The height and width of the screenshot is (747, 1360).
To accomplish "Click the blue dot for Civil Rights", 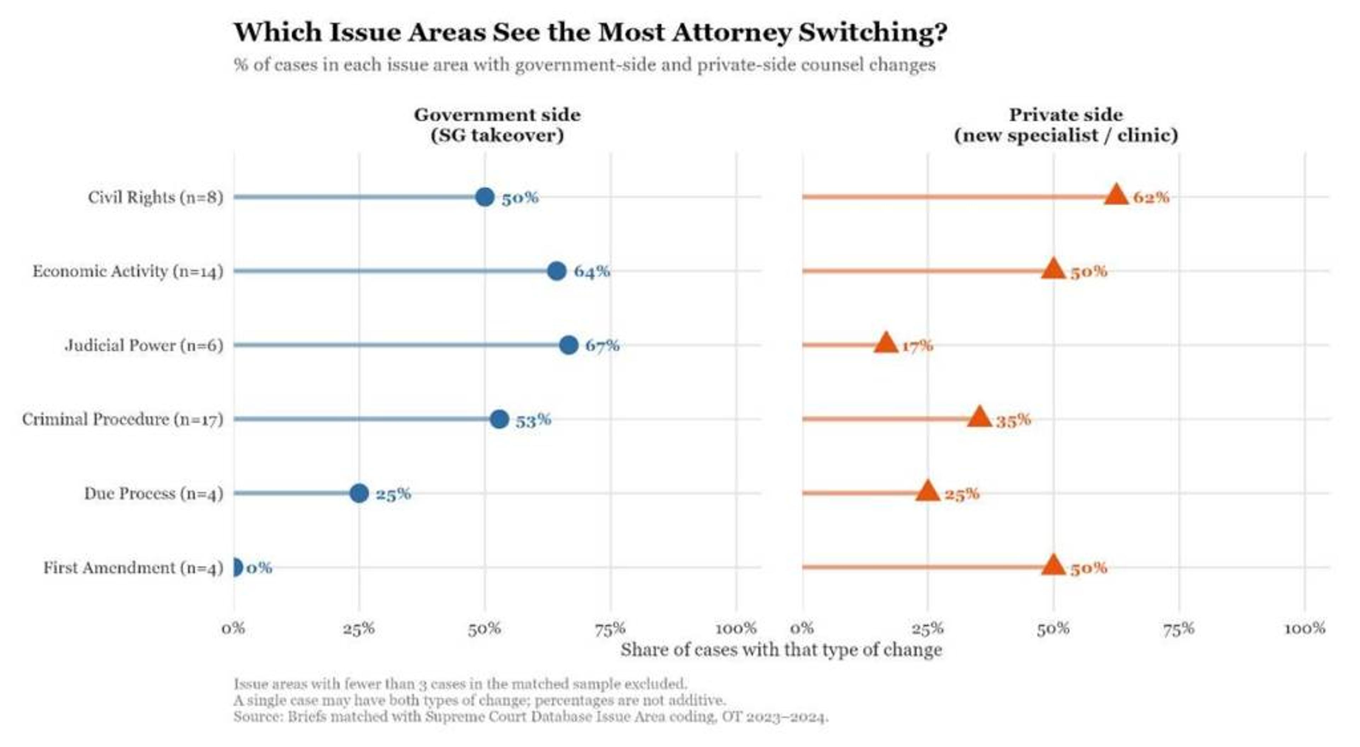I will click(484, 197).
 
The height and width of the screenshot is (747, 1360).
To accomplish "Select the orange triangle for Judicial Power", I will click(886, 344).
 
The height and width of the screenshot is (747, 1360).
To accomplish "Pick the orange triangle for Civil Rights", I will click(1116, 195).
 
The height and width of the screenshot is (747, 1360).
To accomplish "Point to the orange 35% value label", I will click(1013, 420).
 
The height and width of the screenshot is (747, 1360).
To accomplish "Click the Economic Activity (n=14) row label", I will click(128, 271).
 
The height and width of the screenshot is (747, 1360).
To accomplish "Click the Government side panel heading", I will click(497, 125).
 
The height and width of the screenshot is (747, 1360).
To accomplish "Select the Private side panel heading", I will click(1065, 125).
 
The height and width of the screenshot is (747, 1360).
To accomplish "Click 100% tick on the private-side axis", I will click(1304, 629).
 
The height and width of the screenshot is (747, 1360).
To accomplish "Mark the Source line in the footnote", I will click(531, 717).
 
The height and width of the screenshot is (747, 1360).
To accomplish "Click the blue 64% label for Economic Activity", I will click(591, 271).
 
